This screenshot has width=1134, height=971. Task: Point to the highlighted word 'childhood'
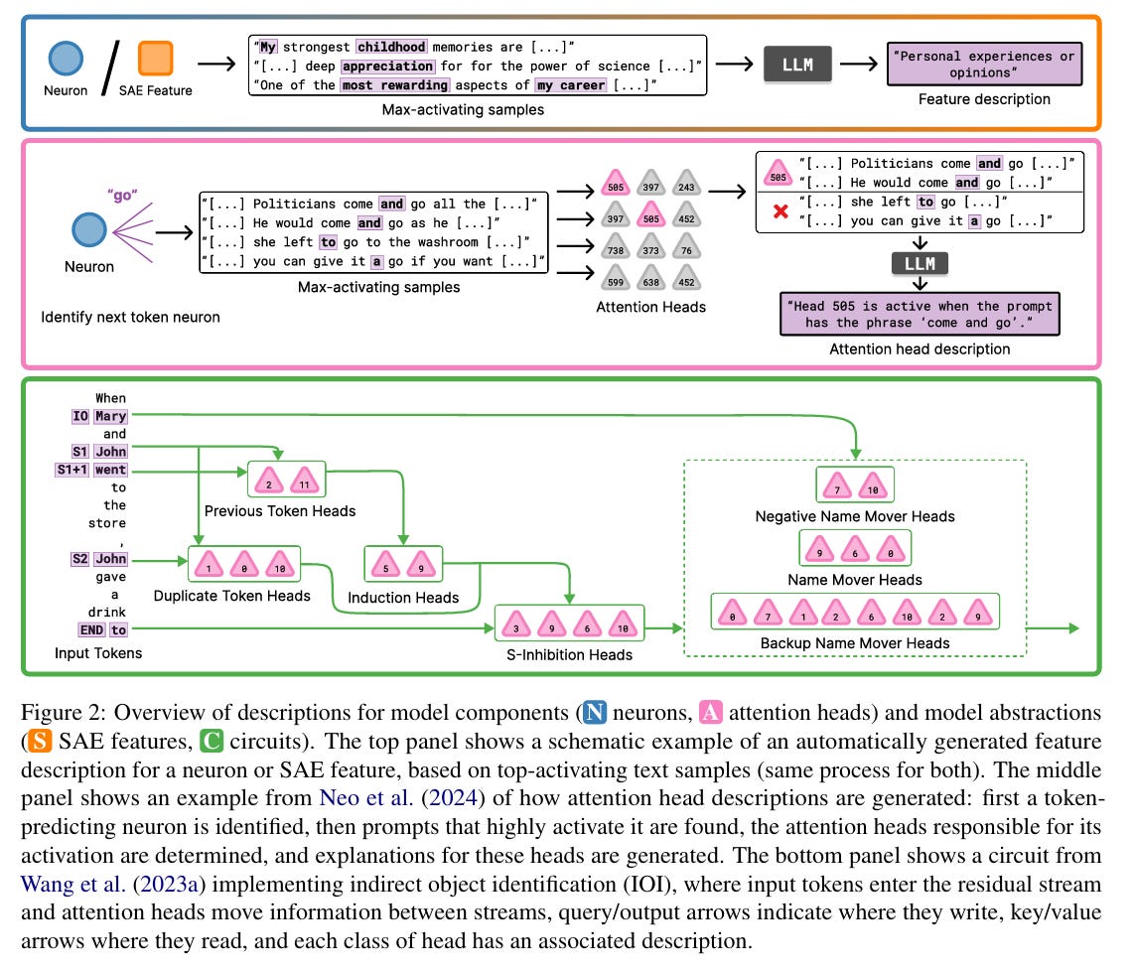[x=392, y=46]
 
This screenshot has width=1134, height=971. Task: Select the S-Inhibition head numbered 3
[x=517, y=627]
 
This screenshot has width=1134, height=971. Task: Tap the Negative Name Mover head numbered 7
[x=837, y=488]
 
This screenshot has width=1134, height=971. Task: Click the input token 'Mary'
[x=110, y=416]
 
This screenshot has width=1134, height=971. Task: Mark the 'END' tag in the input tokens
[x=91, y=629]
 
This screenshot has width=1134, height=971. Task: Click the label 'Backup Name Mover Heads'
[x=855, y=642]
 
